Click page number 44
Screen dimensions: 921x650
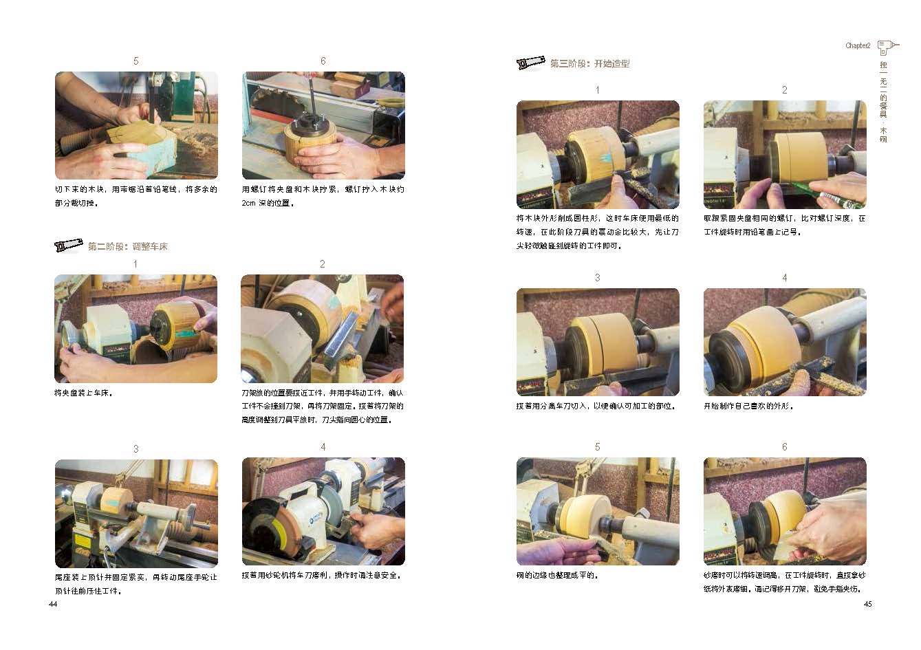(x=53, y=604)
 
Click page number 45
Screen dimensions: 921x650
(x=867, y=604)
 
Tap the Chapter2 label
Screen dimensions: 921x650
(x=858, y=45)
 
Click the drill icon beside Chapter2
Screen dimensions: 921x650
(x=887, y=47)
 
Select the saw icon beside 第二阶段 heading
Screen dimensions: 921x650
(x=68, y=246)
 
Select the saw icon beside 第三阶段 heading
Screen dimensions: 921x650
(x=530, y=63)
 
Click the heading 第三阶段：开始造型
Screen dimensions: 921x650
(x=589, y=64)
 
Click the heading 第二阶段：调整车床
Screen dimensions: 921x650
(x=128, y=247)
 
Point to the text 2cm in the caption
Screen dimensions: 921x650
(x=248, y=203)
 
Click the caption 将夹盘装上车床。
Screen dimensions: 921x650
(x=83, y=393)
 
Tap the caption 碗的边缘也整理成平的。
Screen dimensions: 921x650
(x=557, y=576)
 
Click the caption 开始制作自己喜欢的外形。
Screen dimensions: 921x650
(x=748, y=407)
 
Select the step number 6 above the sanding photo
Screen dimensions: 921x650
(x=785, y=447)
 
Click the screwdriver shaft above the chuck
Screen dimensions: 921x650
(x=312, y=100)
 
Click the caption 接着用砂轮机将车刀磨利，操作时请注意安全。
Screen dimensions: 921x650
(x=321, y=576)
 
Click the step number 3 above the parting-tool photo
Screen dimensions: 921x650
(x=598, y=278)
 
